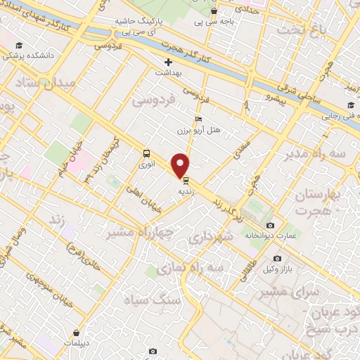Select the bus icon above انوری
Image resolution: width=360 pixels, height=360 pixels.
(146, 153)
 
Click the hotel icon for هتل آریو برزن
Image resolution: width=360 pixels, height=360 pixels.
(199, 119)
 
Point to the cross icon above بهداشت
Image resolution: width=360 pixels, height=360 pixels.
(168, 62)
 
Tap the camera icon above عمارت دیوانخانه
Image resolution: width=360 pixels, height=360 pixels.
(270, 225)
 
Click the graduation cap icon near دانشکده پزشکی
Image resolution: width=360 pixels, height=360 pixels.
(18, 46)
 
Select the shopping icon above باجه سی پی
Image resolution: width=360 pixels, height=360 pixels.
(214, 11)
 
